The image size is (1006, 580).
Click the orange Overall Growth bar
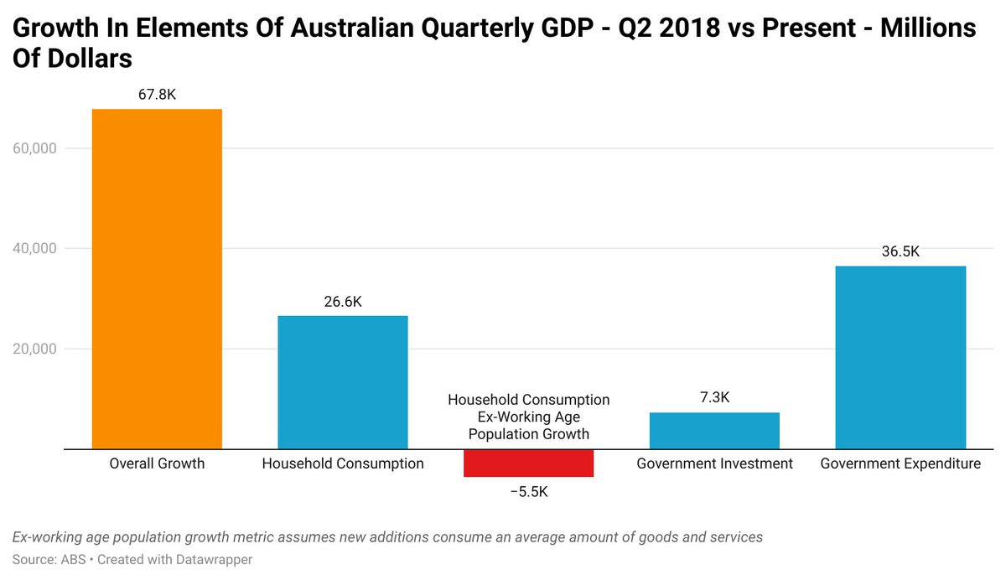pyautogui.click(x=157, y=279)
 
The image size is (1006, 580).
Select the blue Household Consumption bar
pyautogui.click(x=343, y=382)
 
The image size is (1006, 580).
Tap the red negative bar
pyautogui.click(x=528, y=463)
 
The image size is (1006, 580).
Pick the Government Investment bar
pyautogui.click(x=714, y=431)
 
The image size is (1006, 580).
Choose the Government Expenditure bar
pyautogui.click(x=900, y=357)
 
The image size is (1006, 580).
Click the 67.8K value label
pyautogui.click(x=157, y=95)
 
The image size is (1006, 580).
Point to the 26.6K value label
pyautogui.click(x=343, y=302)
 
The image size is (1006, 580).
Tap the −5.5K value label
pyautogui.click(x=528, y=492)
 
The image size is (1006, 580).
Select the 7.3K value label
pyautogui.click(x=714, y=398)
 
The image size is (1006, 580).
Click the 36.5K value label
pyautogui.click(x=900, y=251)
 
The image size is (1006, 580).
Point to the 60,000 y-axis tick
pyautogui.click(x=33, y=148)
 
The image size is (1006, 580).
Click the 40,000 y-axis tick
pyautogui.click(x=33, y=248)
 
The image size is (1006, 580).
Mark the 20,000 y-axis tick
pyautogui.click(x=33, y=349)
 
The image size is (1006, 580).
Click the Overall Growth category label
pyautogui.click(x=157, y=463)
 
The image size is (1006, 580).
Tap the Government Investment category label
pyautogui.click(x=714, y=463)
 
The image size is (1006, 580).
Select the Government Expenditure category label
pyautogui.click(x=900, y=463)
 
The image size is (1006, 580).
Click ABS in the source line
pyautogui.click(x=70, y=559)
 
